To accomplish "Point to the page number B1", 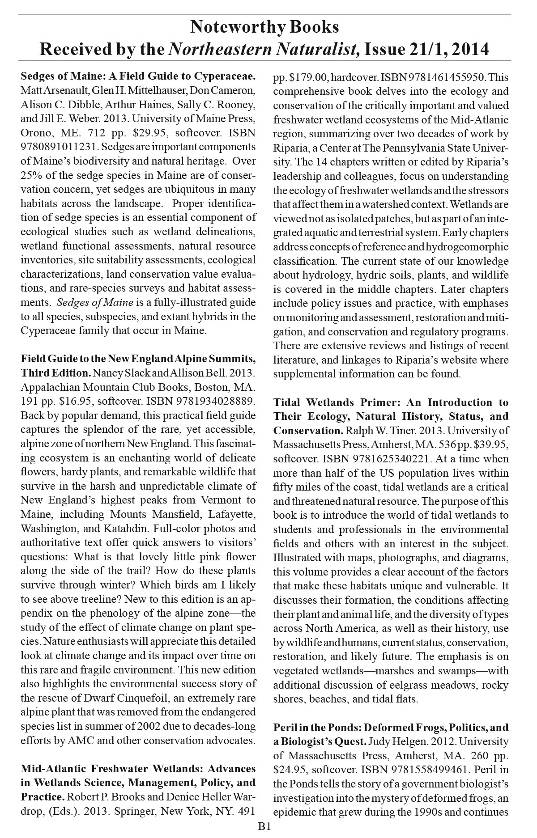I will (x=264, y=827).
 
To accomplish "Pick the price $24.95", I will (x=290, y=770).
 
